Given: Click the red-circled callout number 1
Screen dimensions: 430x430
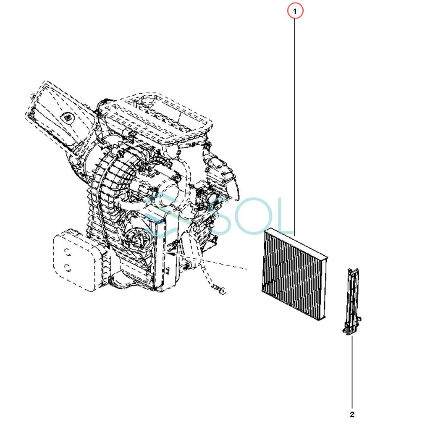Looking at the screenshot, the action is pyautogui.click(x=295, y=11).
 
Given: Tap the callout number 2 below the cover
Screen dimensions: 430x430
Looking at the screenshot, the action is pyautogui.click(x=352, y=414).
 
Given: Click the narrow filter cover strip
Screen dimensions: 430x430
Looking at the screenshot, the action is pyautogui.click(x=351, y=302).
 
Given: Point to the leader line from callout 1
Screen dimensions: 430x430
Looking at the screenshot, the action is pyautogui.click(x=295, y=127).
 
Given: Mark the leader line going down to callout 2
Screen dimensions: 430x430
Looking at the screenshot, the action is pyautogui.click(x=352, y=372).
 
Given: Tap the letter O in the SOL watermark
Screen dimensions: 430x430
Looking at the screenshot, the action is pyautogui.click(x=247, y=216).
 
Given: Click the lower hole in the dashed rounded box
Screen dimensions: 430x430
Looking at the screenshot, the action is pyautogui.click(x=67, y=268).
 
